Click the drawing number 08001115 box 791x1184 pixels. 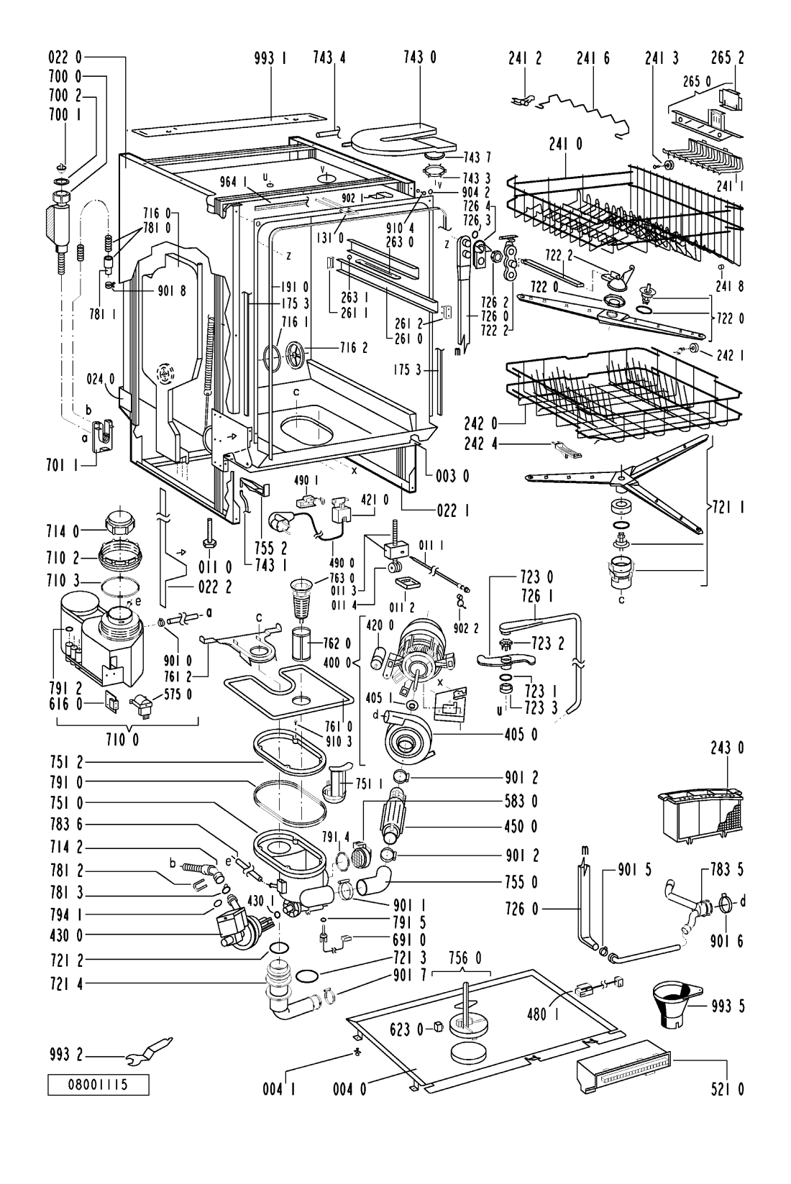tap(99, 1084)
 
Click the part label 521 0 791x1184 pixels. tap(727, 1090)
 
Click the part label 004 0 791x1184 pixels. tap(349, 1090)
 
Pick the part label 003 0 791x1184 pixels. tap(452, 475)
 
